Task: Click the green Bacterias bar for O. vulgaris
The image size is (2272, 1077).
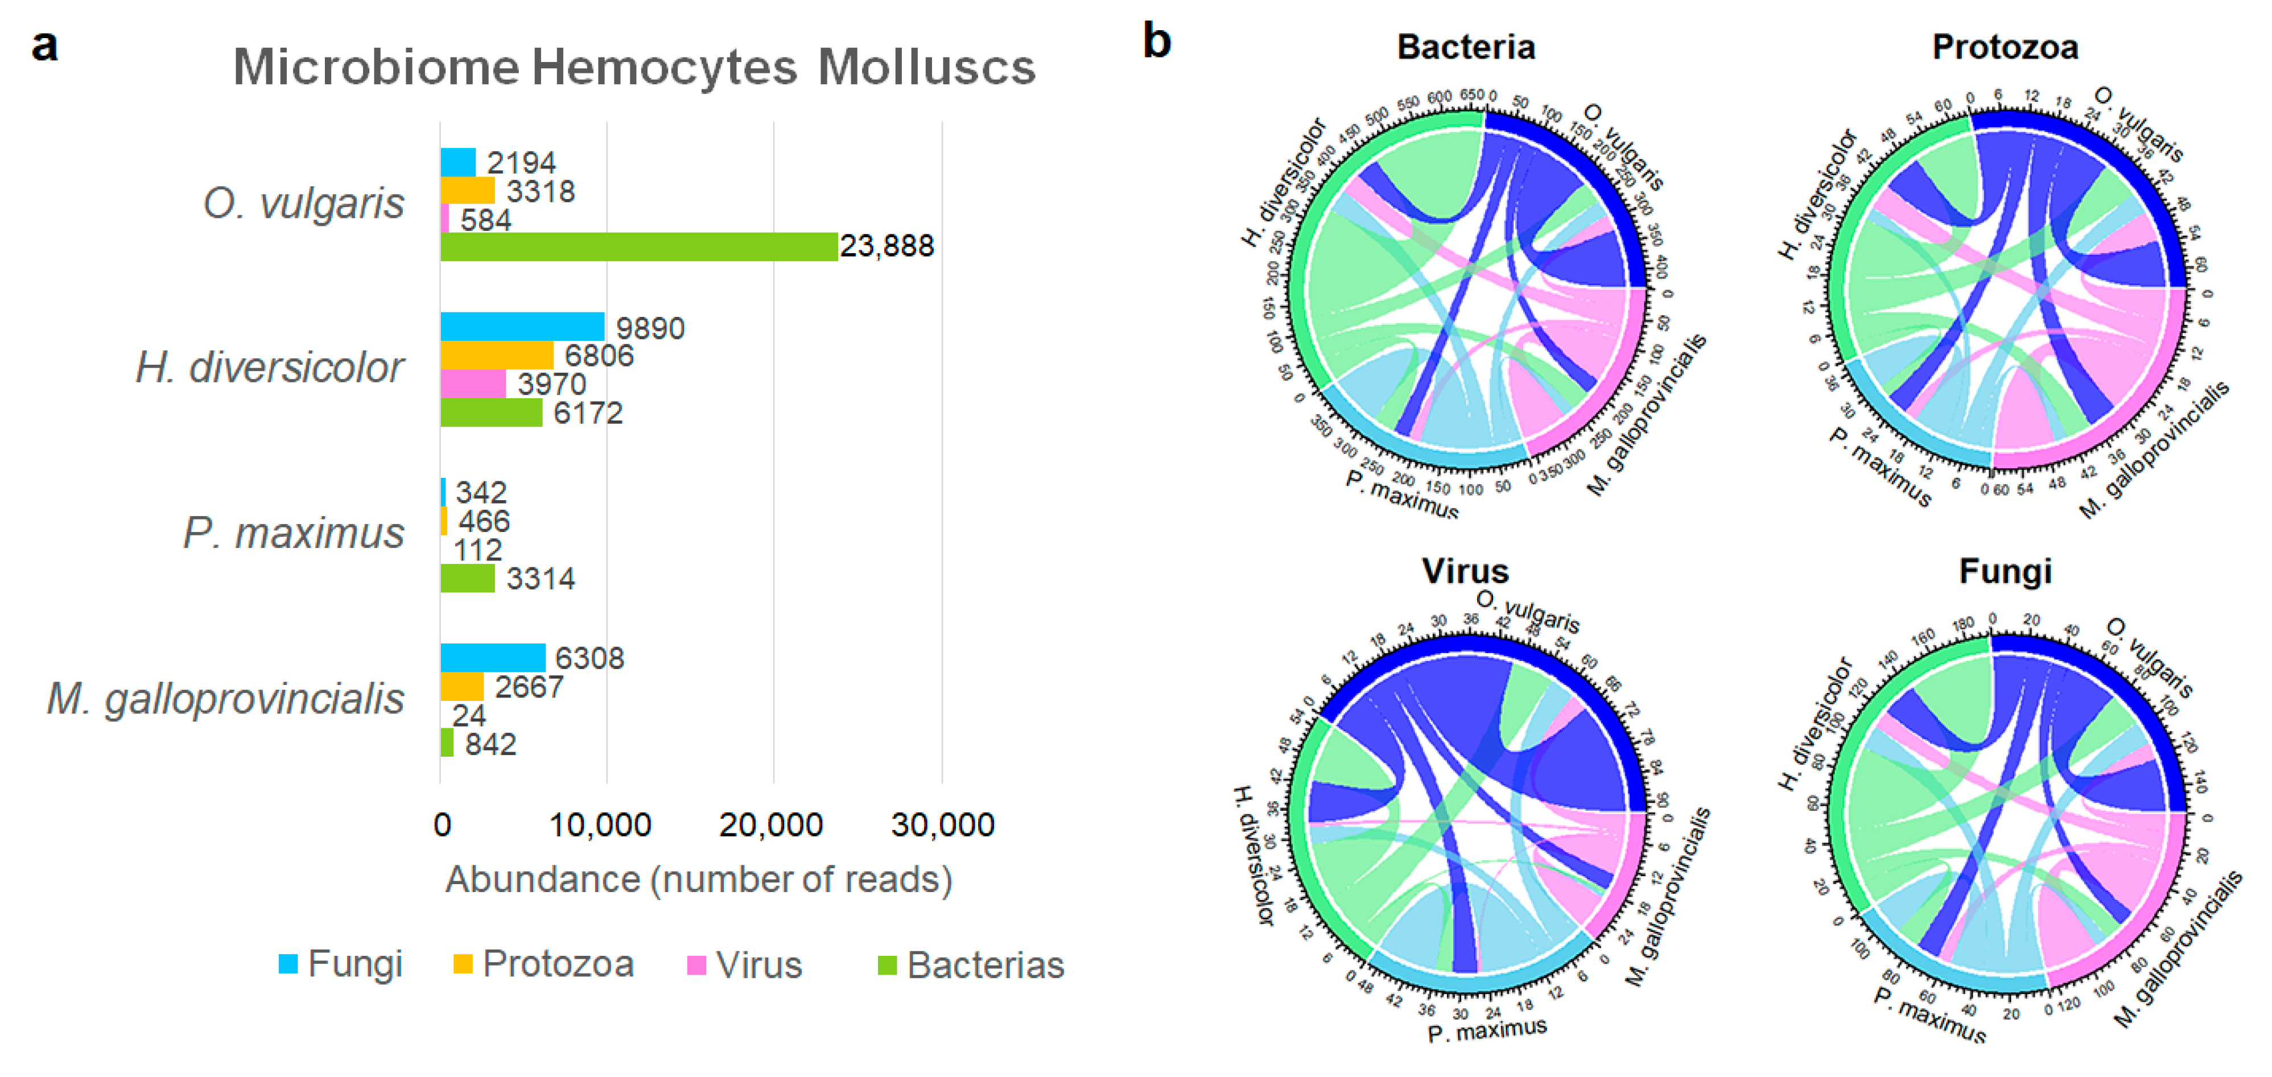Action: coord(638,246)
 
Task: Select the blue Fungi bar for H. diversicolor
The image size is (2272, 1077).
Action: coord(522,327)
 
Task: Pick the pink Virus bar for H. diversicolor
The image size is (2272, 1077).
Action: coord(473,383)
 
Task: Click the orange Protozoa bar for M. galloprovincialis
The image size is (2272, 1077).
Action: coord(462,686)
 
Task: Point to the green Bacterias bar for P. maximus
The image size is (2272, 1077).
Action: coord(468,579)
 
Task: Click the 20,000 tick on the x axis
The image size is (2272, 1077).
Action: coord(771,825)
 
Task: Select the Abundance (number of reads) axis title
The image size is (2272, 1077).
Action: coord(699,880)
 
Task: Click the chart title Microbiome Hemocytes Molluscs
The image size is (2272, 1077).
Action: coord(633,67)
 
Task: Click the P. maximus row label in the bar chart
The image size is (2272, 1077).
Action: coord(294,533)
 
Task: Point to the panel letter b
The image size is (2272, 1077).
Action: coord(1157,42)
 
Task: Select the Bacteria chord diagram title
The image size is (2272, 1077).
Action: coord(1466,47)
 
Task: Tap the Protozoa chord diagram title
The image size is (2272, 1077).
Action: coord(2005,47)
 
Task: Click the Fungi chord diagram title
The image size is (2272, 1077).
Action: coord(2005,572)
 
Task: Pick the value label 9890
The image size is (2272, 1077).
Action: coord(650,328)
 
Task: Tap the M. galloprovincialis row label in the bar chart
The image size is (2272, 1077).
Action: coord(226,699)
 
